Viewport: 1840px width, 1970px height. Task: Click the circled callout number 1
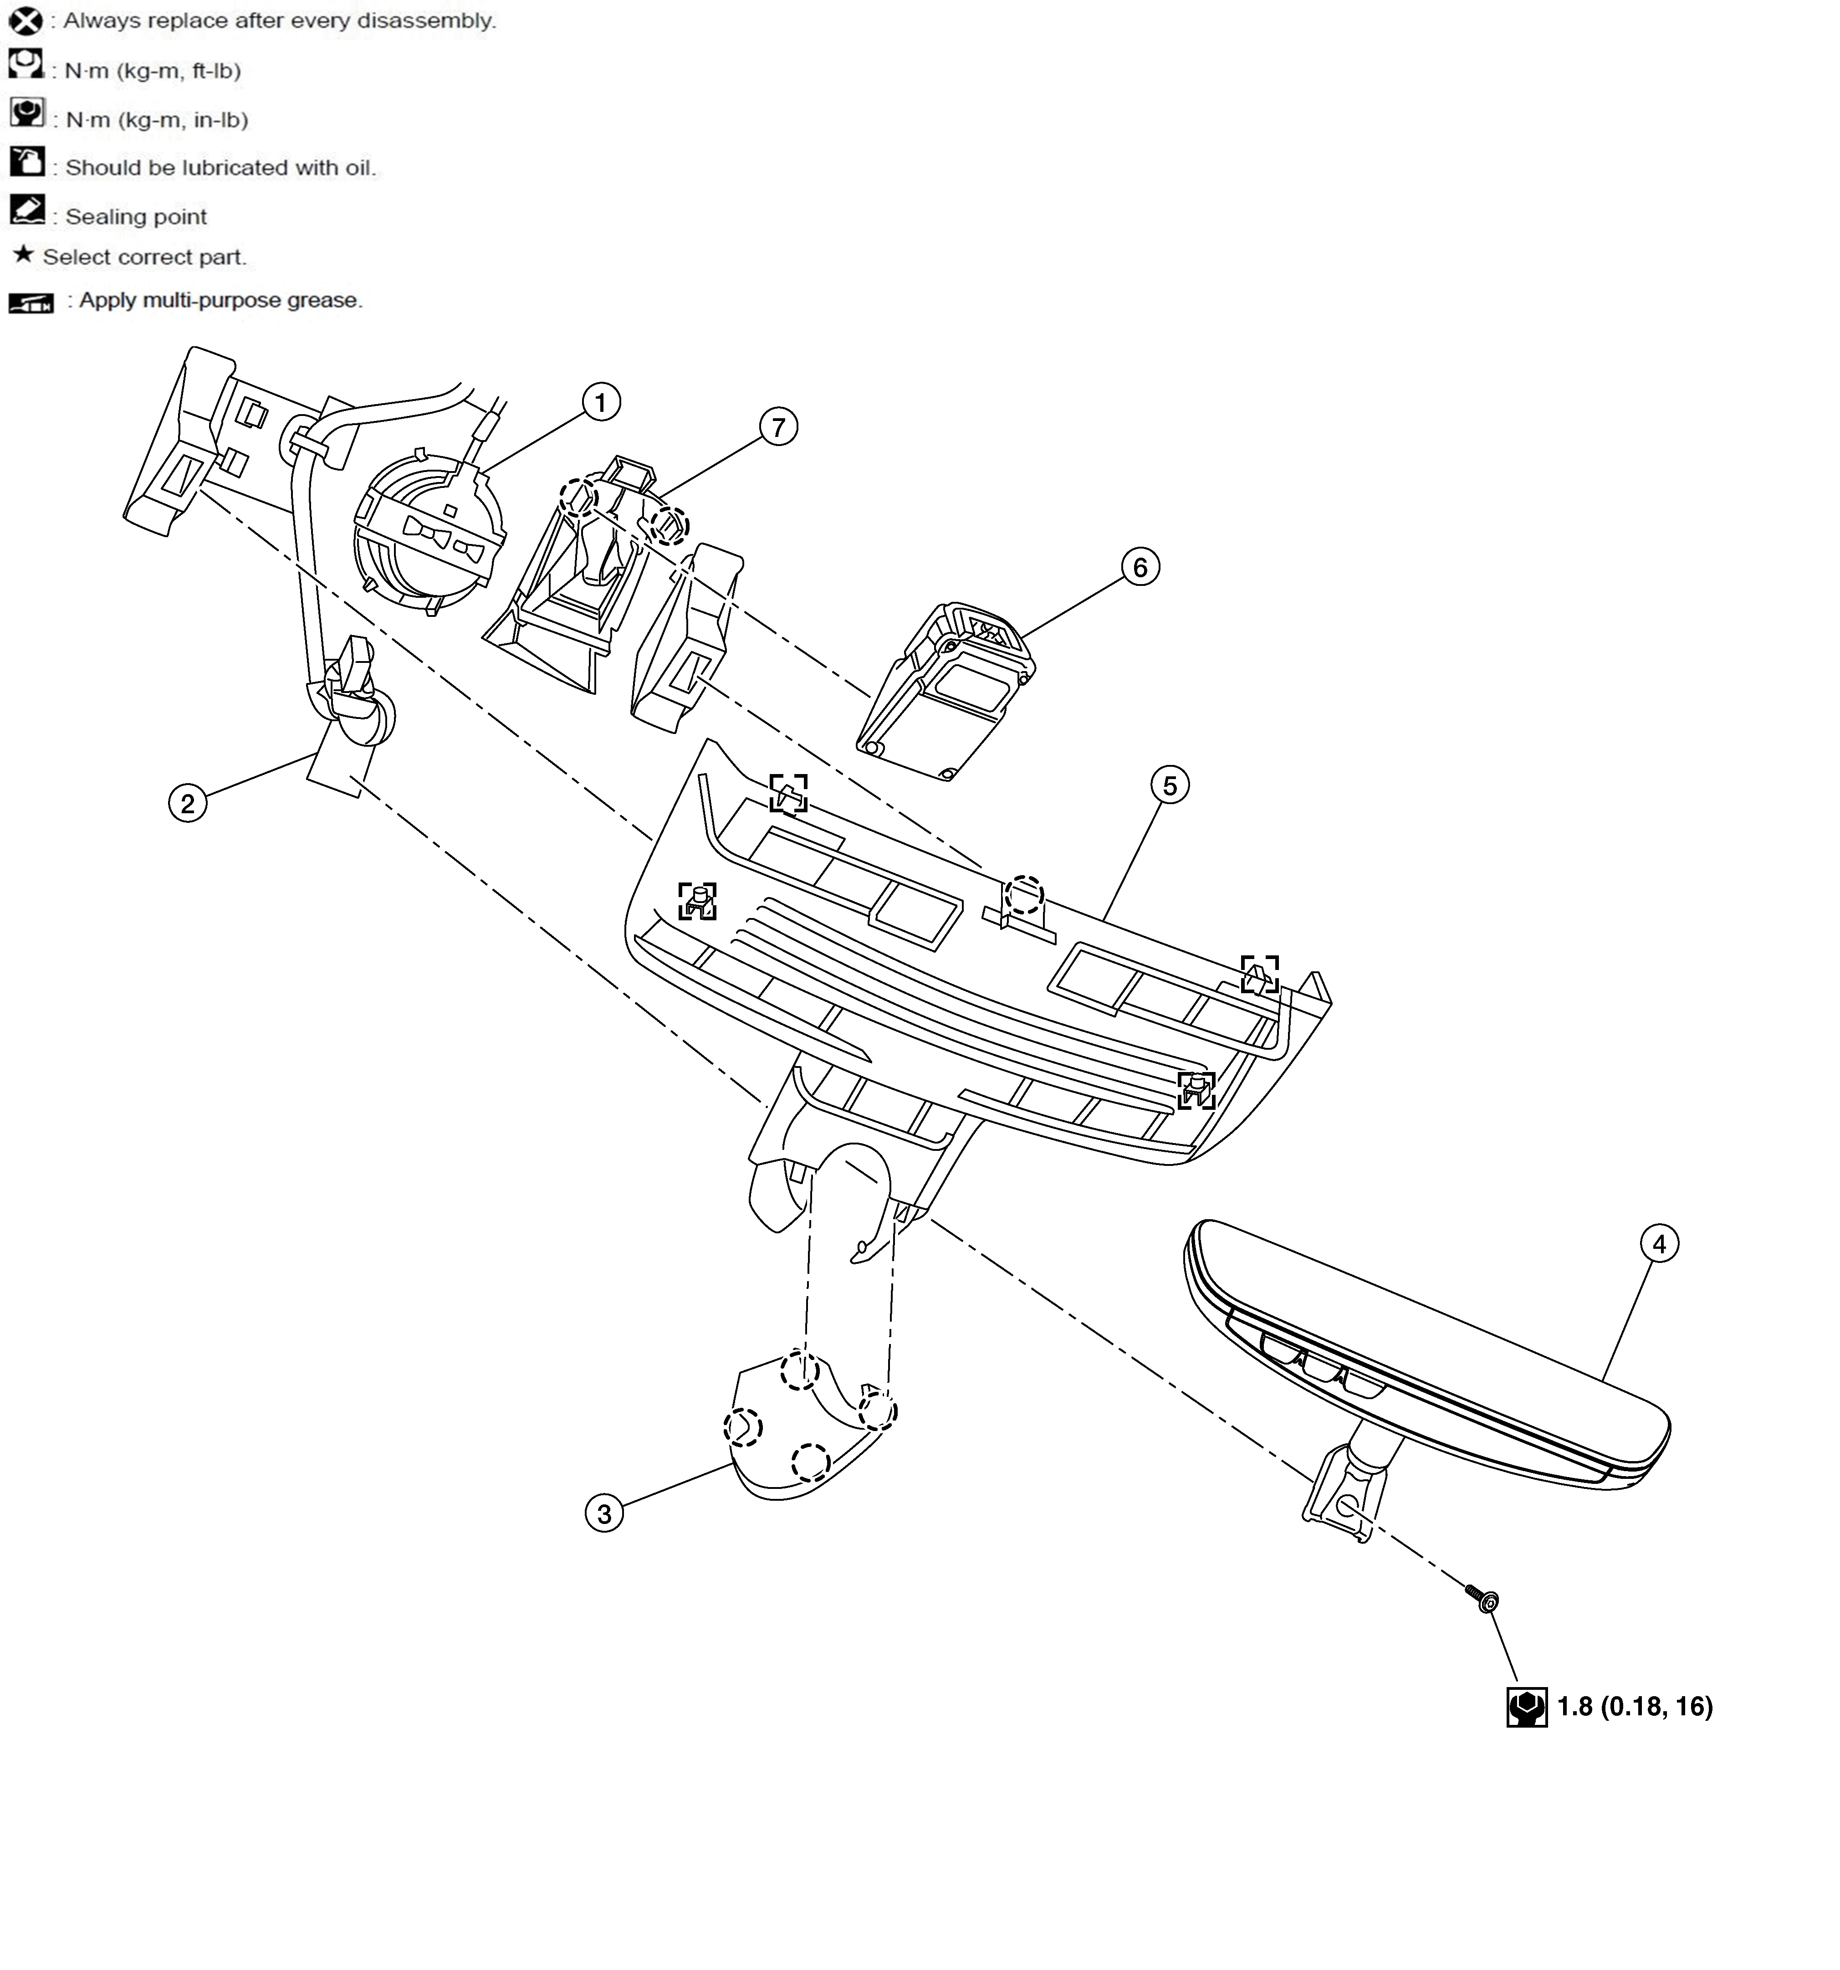click(600, 402)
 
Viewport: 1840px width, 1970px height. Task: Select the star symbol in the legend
click(23, 256)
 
